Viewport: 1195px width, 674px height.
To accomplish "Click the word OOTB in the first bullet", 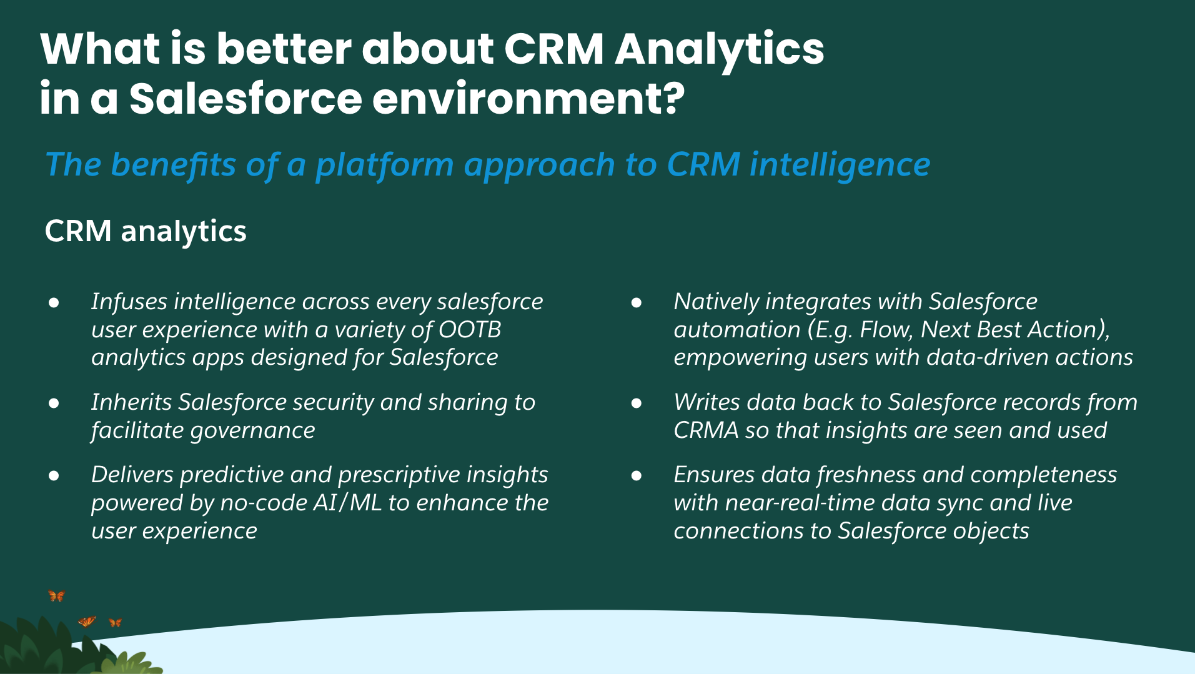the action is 470,329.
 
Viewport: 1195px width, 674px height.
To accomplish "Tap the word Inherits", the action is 131,402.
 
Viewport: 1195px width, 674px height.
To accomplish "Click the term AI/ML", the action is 347,503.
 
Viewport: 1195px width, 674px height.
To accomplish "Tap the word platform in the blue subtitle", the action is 384,165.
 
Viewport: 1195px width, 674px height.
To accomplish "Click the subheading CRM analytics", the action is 146,231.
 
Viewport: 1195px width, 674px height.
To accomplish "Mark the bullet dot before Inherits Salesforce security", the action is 54,404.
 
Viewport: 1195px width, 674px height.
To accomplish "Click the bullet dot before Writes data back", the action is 637,404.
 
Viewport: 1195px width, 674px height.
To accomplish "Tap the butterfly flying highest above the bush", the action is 56,596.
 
